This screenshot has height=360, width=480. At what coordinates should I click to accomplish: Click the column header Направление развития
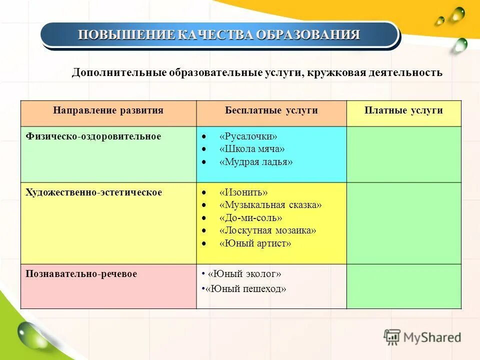[108, 110]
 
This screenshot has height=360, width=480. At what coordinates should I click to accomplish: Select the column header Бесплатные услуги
[271, 110]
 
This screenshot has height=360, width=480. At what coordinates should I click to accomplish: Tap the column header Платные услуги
[403, 110]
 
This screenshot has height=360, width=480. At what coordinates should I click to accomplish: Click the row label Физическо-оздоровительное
[93, 136]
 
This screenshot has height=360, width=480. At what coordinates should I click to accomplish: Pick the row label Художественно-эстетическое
[94, 192]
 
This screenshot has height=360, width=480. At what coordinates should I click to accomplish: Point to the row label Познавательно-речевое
[81, 274]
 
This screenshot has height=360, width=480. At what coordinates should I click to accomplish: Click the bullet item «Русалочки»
[248, 136]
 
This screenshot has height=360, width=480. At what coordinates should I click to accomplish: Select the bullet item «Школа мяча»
[252, 149]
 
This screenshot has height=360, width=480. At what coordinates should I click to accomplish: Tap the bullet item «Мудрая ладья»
[256, 162]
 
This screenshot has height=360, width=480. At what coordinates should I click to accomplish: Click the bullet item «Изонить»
[243, 192]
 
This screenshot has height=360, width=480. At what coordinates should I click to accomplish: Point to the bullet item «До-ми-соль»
[250, 218]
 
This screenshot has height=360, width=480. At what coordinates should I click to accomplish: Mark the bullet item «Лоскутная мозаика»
[267, 230]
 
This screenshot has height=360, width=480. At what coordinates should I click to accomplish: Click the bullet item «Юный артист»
[255, 243]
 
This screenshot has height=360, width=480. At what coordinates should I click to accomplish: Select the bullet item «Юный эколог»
[244, 274]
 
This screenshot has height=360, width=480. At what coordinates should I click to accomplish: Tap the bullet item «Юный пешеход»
[247, 289]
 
